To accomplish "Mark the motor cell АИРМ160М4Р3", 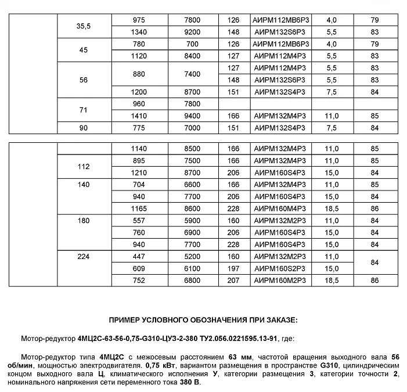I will pyautogui.click(x=280, y=207).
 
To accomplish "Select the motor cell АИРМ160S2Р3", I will pyautogui.click(x=280, y=269).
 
